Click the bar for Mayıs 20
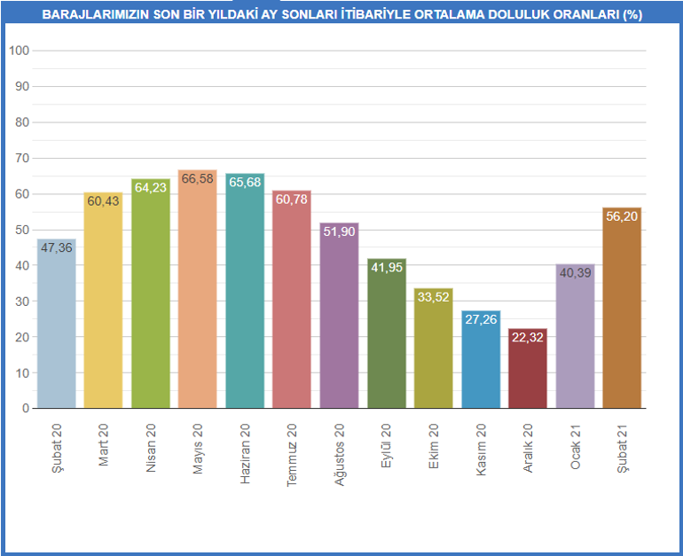click(x=198, y=293)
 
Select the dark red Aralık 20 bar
click(x=528, y=372)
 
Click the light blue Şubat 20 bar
click(x=57, y=328)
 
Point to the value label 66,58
click(x=198, y=180)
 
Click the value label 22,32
click(x=528, y=337)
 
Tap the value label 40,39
click(x=575, y=272)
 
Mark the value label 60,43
click(x=104, y=201)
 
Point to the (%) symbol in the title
click(x=632, y=15)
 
